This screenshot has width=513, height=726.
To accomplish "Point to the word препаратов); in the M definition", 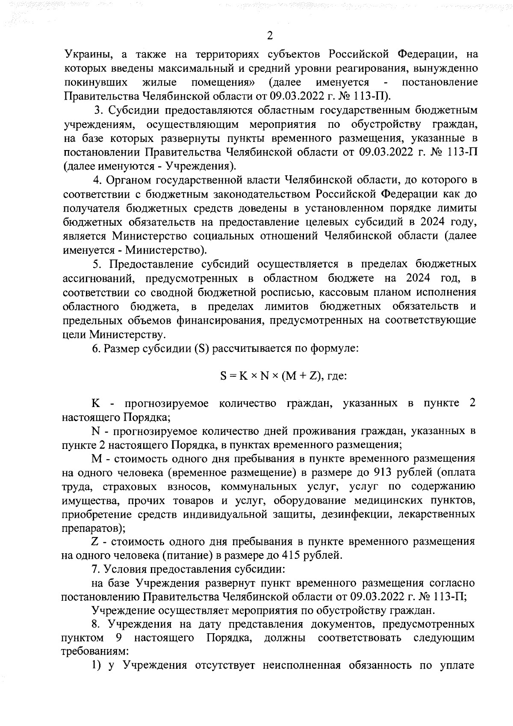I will (94, 528).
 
